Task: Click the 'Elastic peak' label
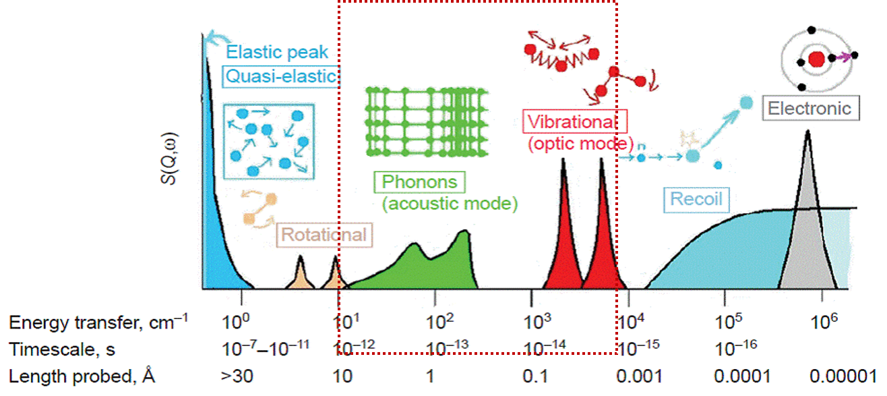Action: pyautogui.click(x=277, y=52)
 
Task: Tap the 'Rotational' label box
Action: pyautogui.click(x=324, y=235)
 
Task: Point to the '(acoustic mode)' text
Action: pyautogui.click(x=450, y=203)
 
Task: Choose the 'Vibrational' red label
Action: pyautogui.click(x=574, y=122)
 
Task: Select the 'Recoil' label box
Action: pyautogui.click(x=696, y=199)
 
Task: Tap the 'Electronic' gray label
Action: pyautogui.click(x=809, y=108)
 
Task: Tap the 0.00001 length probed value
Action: pyautogui.click(x=843, y=375)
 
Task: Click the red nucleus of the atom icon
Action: pyautogui.click(x=816, y=59)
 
